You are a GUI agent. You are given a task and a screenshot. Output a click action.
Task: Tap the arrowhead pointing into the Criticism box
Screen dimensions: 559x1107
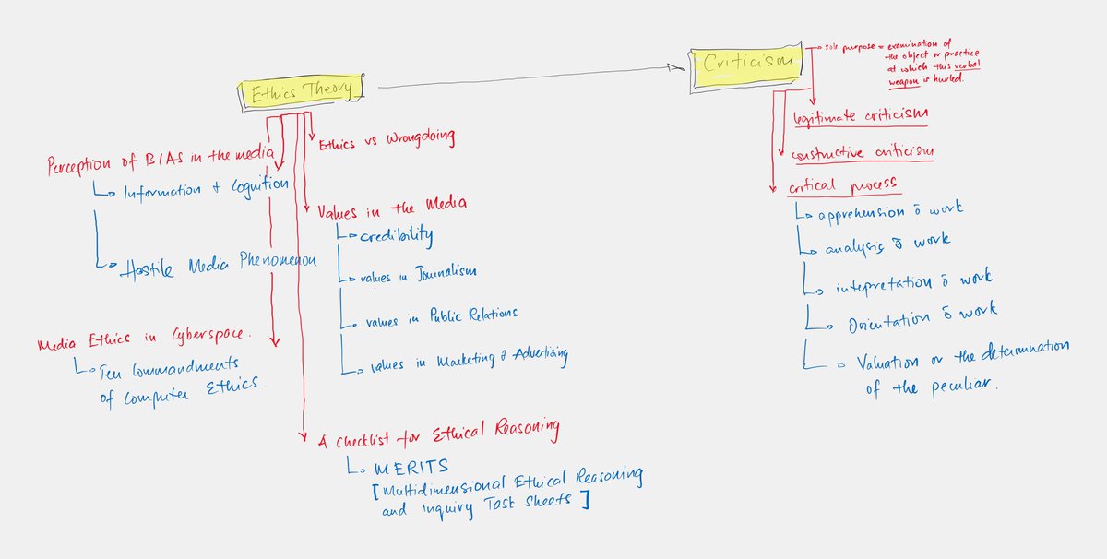681,66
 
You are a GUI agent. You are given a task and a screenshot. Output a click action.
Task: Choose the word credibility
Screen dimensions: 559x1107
398,235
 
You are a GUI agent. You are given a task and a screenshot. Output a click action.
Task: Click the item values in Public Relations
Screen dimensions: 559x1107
441,316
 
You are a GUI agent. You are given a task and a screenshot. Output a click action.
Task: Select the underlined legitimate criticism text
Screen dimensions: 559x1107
860,115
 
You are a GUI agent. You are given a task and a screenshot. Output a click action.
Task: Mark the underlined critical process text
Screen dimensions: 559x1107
842,184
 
